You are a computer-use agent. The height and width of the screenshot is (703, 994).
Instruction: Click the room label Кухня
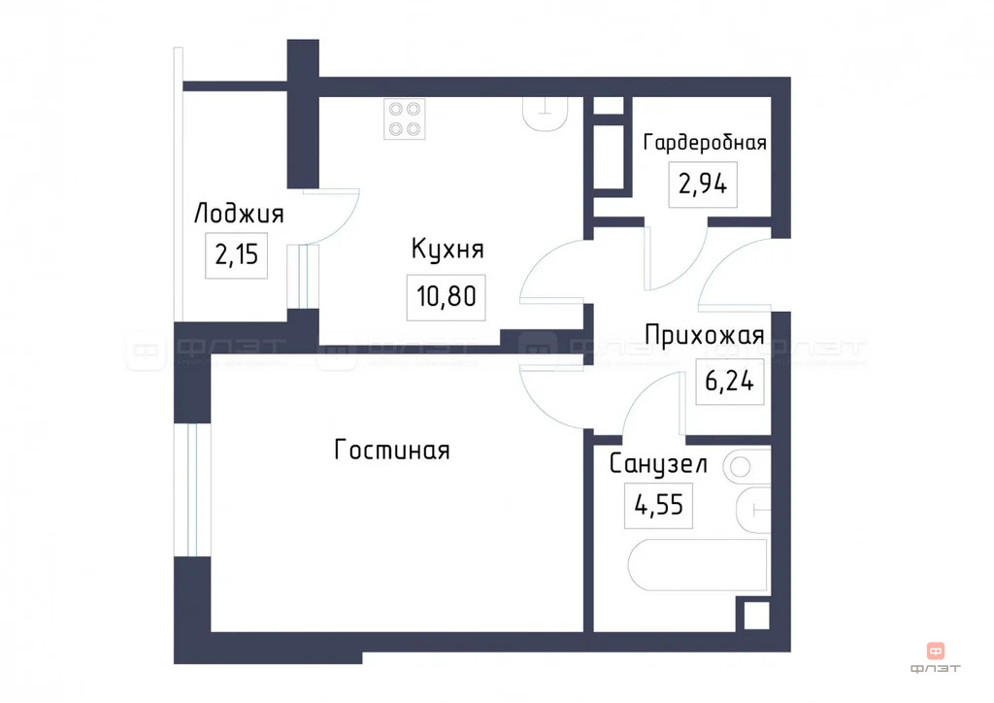pyautogui.click(x=447, y=250)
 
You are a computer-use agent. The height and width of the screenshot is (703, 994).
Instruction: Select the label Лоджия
pyautogui.click(x=239, y=214)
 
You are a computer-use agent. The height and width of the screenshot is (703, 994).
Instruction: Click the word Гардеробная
pyautogui.click(x=705, y=143)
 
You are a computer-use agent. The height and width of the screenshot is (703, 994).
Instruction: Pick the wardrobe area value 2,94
pyautogui.click(x=704, y=184)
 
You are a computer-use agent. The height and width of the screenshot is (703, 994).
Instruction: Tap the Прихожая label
pyautogui.click(x=705, y=337)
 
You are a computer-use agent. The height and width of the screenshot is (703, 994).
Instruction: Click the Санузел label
pyautogui.click(x=658, y=464)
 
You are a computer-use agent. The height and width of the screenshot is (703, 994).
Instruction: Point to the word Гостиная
pyautogui.click(x=392, y=451)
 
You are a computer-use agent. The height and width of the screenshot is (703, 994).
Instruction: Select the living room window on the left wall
pyautogui.click(x=194, y=488)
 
